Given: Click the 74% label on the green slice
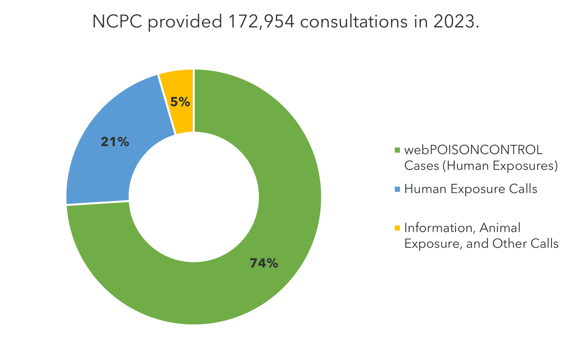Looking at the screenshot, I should click(x=264, y=263).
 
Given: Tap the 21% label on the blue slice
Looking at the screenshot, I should click(x=115, y=142).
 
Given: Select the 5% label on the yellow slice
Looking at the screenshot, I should click(x=180, y=102).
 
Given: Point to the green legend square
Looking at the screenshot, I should click(x=397, y=150).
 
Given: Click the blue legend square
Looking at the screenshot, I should click(x=397, y=189).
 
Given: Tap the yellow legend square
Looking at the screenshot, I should click(x=397, y=228).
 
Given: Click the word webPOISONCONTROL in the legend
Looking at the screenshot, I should click(x=473, y=150).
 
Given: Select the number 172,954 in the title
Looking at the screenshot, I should click(x=262, y=22).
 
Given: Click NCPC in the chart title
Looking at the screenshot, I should click(x=117, y=22).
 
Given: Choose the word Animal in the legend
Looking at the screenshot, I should click(x=500, y=228).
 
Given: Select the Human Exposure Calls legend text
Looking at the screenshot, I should click(x=471, y=189).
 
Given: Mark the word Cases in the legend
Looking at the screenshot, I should click(x=421, y=166).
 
